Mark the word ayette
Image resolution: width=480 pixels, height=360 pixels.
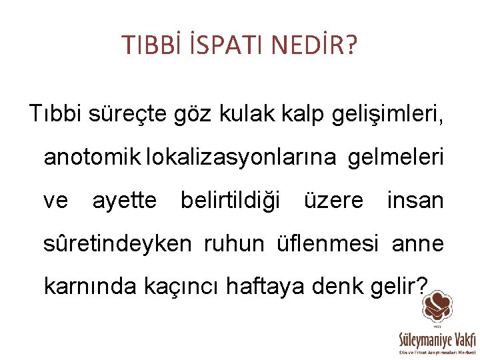pyautogui.click(x=125, y=200)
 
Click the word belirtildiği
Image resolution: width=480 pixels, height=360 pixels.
pyautogui.click(x=231, y=200)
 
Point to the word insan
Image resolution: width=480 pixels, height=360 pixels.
pyautogui.click(x=415, y=200)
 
